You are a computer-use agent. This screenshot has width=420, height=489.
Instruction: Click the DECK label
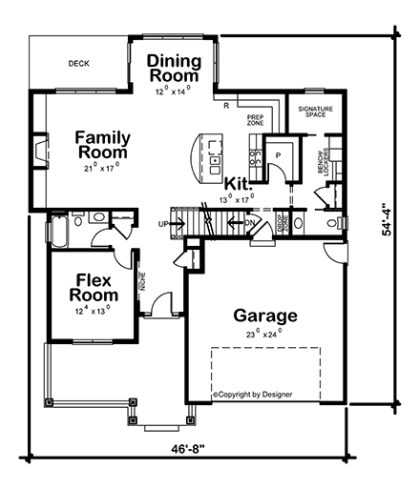tap(78, 65)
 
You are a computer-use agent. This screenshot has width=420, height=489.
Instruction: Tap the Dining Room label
tap(174, 68)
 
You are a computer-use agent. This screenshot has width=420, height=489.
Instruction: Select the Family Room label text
tap(103, 144)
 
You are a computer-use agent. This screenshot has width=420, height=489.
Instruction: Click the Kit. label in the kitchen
tap(238, 182)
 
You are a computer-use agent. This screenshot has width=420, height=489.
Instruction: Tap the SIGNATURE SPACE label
tap(315, 112)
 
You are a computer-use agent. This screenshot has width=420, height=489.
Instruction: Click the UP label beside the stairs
tap(162, 224)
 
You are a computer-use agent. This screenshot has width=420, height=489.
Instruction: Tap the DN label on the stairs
tap(250, 224)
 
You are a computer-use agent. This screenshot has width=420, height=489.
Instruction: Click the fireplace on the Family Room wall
tap(37, 150)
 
